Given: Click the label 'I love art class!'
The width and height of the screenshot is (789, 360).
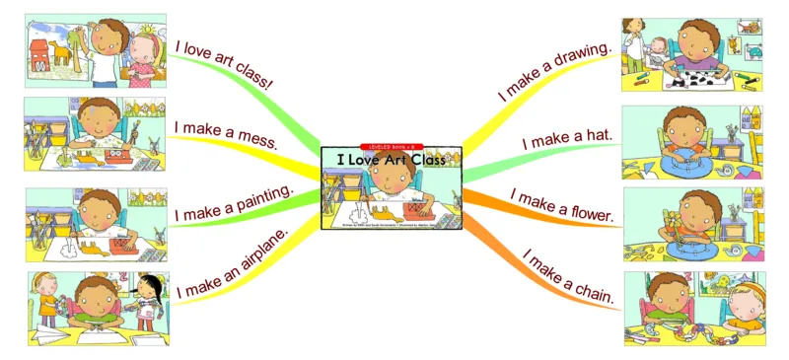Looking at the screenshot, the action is [224, 66].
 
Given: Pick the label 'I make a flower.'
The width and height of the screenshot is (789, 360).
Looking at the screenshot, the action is [562, 205].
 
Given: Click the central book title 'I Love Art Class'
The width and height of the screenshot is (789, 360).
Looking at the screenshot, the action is [392, 159].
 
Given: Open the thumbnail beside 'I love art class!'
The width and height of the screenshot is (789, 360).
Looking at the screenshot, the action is [96, 51].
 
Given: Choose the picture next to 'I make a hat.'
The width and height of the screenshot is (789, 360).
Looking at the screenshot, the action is [693, 142].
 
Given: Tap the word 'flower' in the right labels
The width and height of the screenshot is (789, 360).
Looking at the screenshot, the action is [587, 210].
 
